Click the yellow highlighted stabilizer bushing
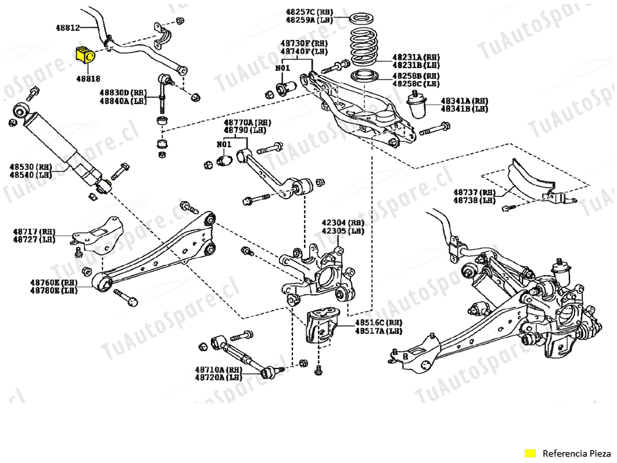click(x=85, y=55)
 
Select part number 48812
click(x=67, y=28)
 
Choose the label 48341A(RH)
click(x=464, y=101)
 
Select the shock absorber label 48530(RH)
click(x=30, y=167)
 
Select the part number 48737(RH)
click(x=474, y=192)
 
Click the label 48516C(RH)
click(x=379, y=322)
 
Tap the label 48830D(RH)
click(x=123, y=93)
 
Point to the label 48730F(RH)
click(x=303, y=43)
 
